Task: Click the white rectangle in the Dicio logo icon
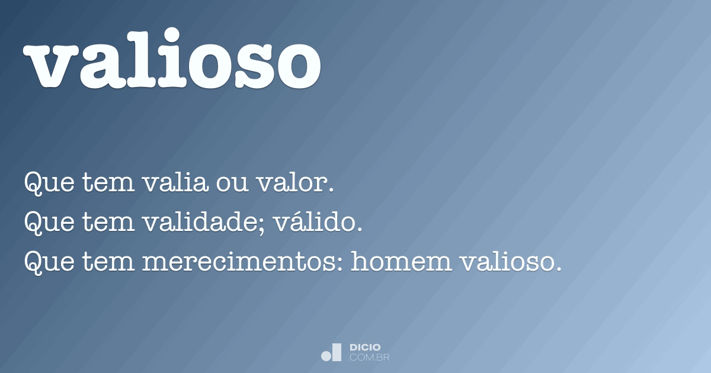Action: point(337,352)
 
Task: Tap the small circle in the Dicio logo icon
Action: point(326,356)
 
